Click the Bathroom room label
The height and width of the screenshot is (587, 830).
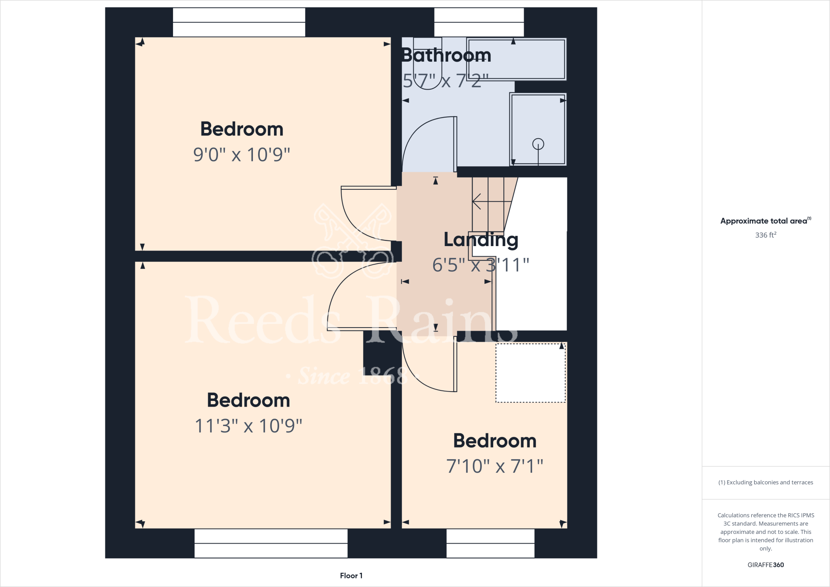coord(446,55)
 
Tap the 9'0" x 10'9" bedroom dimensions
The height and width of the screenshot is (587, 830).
coord(242,154)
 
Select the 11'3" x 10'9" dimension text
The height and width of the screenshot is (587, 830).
coord(248,426)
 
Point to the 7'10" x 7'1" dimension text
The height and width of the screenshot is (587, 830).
coord(494,466)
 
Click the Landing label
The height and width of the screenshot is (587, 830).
coord(481,240)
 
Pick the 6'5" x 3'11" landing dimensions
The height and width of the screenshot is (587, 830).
coord(481,265)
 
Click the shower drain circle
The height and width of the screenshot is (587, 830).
coord(538,144)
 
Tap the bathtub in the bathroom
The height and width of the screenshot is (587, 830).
coord(516,59)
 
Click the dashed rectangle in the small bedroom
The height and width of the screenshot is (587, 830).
coord(530,373)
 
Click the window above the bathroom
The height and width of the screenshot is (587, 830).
coord(479,22)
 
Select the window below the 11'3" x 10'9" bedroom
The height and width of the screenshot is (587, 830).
coord(271,543)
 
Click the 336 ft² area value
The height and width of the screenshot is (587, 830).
coord(766,235)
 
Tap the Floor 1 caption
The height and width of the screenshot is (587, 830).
coord(351,576)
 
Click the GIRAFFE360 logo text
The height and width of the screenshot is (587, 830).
coord(766,565)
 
